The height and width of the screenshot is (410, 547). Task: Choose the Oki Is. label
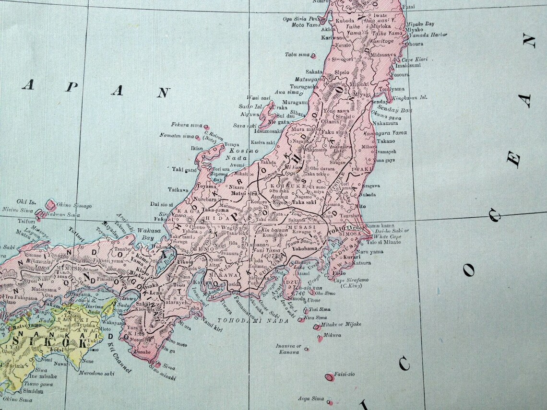(x=23, y=201)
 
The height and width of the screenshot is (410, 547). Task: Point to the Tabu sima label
(x=297, y=54)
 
